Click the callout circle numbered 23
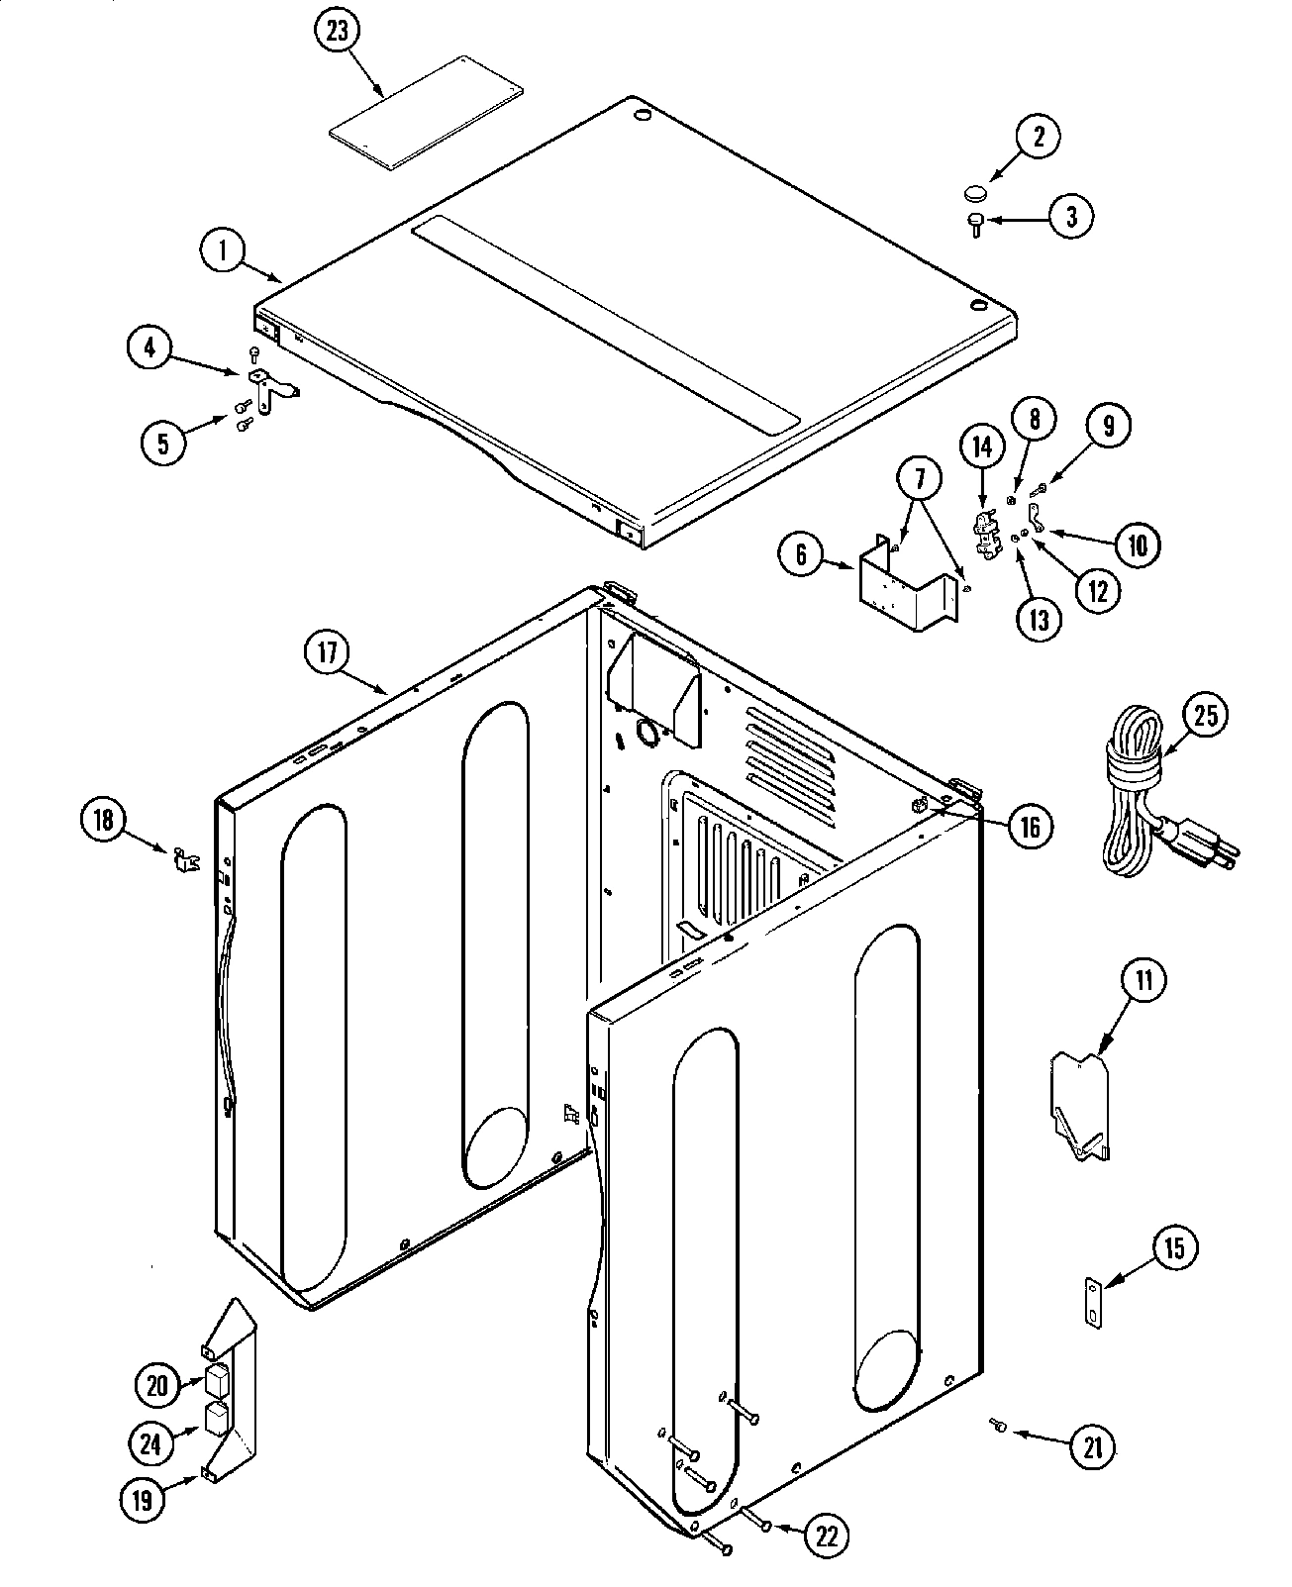click(339, 31)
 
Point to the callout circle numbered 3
click(1071, 216)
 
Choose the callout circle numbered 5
click(162, 443)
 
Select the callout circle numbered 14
click(981, 448)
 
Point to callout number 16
click(1031, 826)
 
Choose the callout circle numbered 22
click(825, 1536)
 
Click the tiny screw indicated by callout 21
click(997, 1425)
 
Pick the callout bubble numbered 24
click(149, 1444)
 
